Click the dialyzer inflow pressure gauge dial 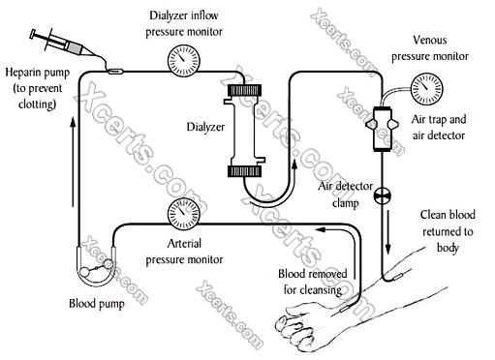tap(184, 61)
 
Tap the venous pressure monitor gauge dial tap(426, 89)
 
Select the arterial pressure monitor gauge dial tap(184, 214)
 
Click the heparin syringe tap(61, 45)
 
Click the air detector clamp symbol tap(383, 195)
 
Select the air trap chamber tap(383, 128)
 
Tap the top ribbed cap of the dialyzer tap(244, 90)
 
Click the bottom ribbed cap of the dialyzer tap(244, 171)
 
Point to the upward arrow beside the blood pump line tap(73, 162)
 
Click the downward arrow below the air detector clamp tap(388, 232)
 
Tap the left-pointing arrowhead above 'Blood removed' tap(321, 229)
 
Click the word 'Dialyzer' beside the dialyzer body tap(205, 127)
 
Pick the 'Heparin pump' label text tap(38, 73)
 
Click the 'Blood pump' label tap(97, 304)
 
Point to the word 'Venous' tap(430, 40)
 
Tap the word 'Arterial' tap(184, 243)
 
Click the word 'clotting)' tap(37, 105)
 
